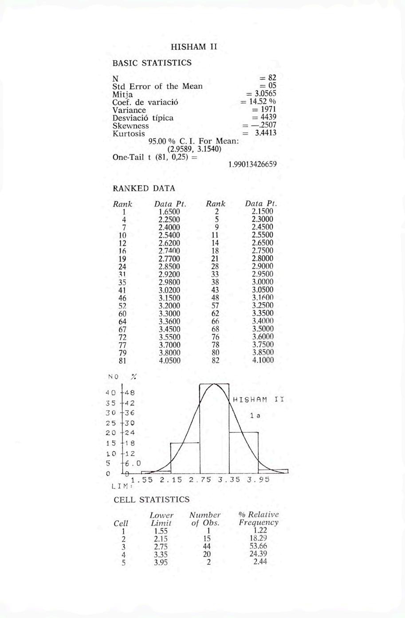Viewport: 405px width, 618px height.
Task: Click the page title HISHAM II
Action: coord(194,47)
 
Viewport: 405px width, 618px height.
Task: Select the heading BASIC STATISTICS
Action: coord(152,63)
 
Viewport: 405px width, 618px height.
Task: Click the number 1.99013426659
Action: coord(252,164)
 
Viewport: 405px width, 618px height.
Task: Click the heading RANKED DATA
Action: coord(144,188)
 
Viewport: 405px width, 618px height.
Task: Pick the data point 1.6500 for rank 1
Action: coord(169,212)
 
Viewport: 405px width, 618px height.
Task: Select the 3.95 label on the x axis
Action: coord(258,480)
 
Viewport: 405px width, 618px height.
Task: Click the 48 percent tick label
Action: coord(130,393)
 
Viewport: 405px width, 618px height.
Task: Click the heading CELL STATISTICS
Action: coord(152,500)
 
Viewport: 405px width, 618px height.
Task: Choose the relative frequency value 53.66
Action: coord(258,547)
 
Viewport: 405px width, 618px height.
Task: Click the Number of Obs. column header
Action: coord(205,519)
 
